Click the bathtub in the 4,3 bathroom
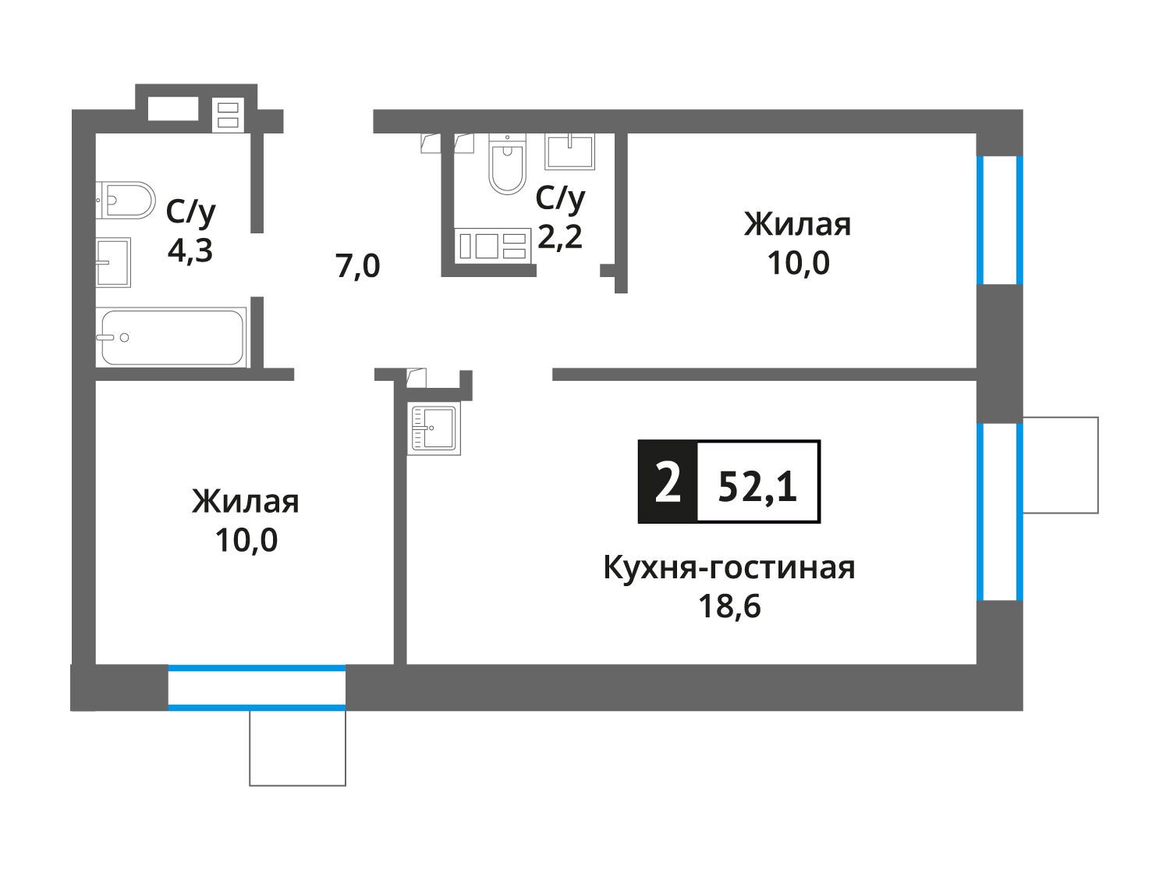point(172,337)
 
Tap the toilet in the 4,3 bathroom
point(126,200)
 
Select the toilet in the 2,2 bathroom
point(507,163)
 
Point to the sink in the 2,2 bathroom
point(569,151)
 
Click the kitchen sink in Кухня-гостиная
point(434,428)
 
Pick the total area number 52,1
point(757,488)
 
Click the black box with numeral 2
point(668,482)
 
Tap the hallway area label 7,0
point(358,266)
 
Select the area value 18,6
point(729,606)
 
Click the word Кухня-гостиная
point(729,567)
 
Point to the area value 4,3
point(190,250)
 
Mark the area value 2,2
point(560,236)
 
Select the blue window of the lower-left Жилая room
point(257,688)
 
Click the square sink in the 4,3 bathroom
point(113,262)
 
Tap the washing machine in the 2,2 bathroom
point(492,246)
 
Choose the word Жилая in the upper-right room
point(797,225)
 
